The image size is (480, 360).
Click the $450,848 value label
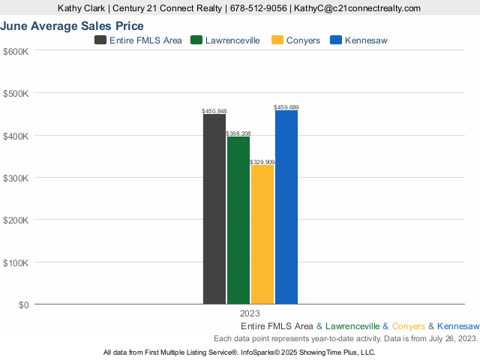click(x=214, y=111)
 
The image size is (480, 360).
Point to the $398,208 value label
click(x=238, y=133)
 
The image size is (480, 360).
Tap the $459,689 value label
click(x=286, y=107)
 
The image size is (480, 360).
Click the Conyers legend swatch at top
click(x=277, y=40)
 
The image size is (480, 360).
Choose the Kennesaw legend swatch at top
click(x=335, y=40)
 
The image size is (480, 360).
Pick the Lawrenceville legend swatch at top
click(x=197, y=40)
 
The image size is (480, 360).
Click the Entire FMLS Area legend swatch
click(x=100, y=40)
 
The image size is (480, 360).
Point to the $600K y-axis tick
click(x=16, y=51)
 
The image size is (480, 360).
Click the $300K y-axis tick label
click(x=16, y=178)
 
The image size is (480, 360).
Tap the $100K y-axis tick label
click(x=16, y=263)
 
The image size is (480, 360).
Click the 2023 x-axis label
click(x=250, y=313)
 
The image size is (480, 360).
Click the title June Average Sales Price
click(x=72, y=26)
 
